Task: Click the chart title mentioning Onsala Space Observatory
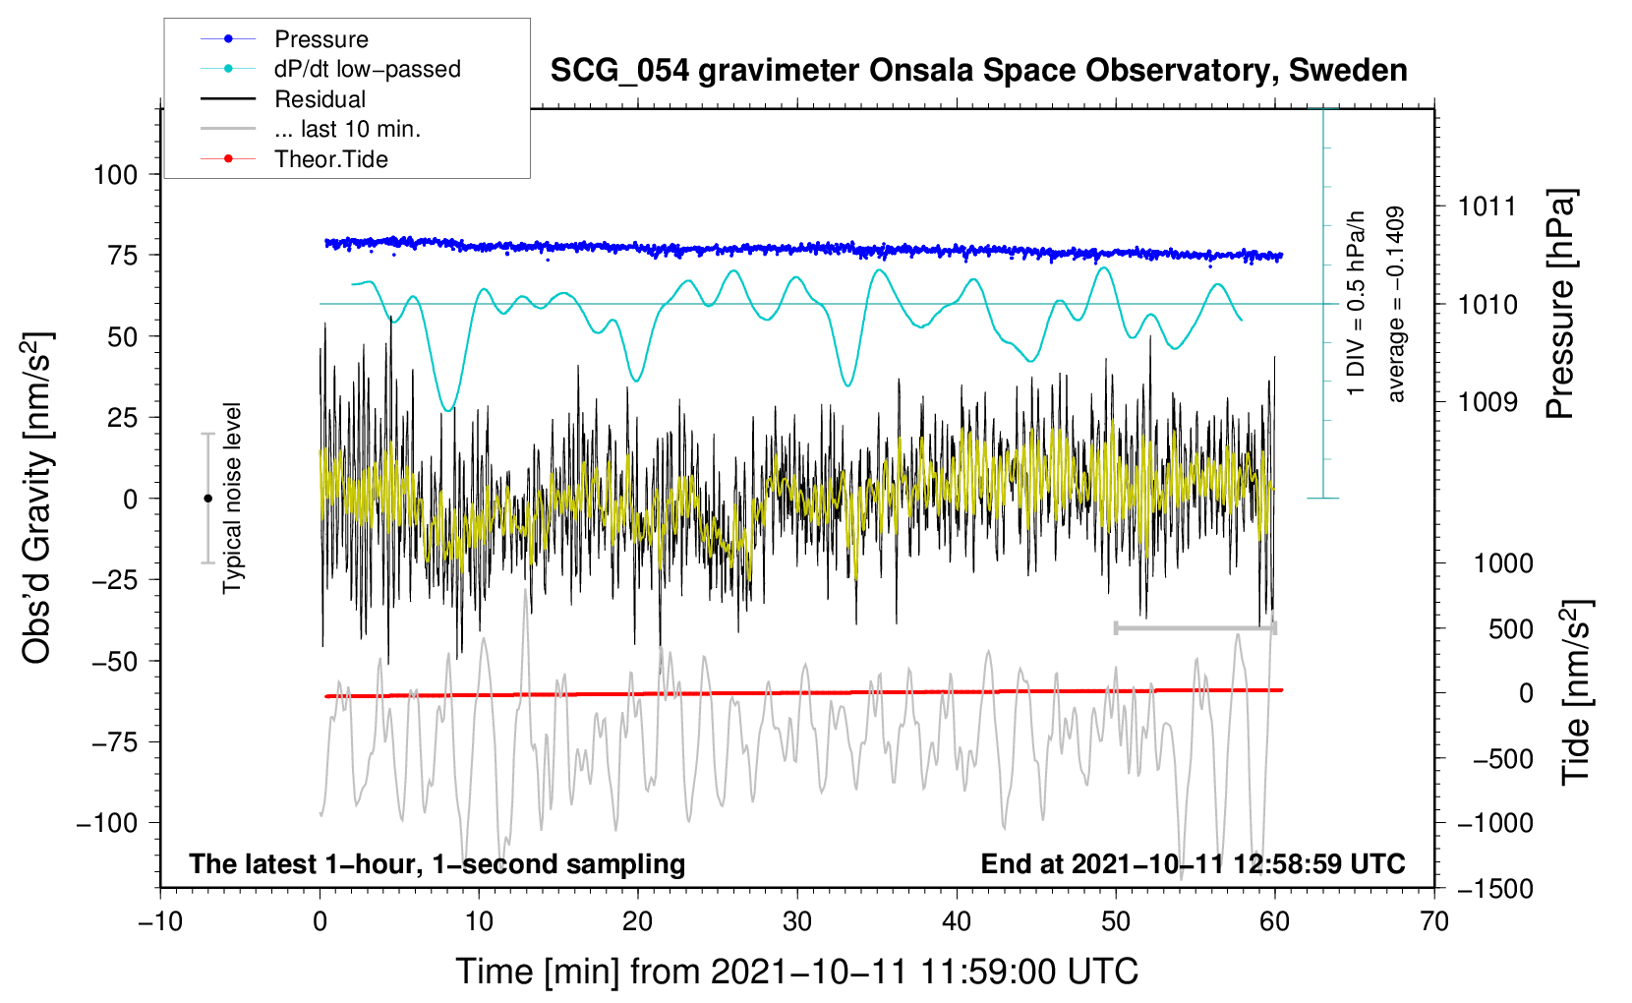pyautogui.click(x=978, y=71)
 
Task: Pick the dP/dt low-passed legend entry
pyautogui.click(x=367, y=69)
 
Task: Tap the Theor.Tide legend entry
pyautogui.click(x=330, y=159)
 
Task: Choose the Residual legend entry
pyautogui.click(x=320, y=99)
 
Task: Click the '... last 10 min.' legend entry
pyautogui.click(x=347, y=129)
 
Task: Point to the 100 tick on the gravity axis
pyautogui.click(x=115, y=175)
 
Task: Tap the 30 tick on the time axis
pyautogui.click(x=797, y=921)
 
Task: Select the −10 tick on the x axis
pyautogui.click(x=160, y=921)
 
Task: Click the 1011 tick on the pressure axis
pyautogui.click(x=1487, y=206)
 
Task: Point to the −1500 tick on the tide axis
pyautogui.click(x=1494, y=888)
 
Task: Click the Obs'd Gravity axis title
pyautogui.click(x=37, y=498)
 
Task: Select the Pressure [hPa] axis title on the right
pyautogui.click(x=1560, y=305)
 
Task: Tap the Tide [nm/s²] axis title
pyautogui.click(x=1576, y=693)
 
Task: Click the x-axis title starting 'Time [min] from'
pyautogui.click(x=797, y=972)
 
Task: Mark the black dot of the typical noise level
pyautogui.click(x=207, y=499)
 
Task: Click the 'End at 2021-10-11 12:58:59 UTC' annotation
pyautogui.click(x=1193, y=863)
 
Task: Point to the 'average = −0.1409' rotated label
pyautogui.click(x=1396, y=305)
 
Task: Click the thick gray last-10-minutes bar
pyautogui.click(x=1195, y=627)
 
